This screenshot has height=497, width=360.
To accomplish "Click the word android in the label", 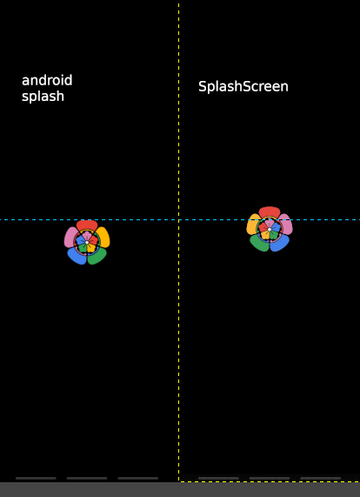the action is [47, 80].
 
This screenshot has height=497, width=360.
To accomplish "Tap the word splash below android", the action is [43, 97].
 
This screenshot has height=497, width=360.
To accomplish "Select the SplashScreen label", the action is [243, 86].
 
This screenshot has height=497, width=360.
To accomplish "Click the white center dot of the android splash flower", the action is [87, 243].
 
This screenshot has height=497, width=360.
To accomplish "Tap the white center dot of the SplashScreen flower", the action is [270, 230].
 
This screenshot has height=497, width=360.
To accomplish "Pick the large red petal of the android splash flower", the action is [87, 225].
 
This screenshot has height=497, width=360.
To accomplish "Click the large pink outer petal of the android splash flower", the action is [70, 238].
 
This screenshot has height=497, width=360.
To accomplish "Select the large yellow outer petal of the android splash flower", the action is [104, 238].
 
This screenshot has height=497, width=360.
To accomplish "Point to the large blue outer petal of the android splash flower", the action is [77, 256].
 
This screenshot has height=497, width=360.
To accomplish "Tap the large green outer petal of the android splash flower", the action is [97, 256].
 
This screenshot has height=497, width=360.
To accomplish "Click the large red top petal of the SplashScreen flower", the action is [270, 212].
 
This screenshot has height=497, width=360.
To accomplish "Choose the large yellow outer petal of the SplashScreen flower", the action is [253, 225].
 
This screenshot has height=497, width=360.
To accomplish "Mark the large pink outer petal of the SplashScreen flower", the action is [286, 225].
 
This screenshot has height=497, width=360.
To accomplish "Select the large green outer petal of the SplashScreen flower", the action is [259, 243].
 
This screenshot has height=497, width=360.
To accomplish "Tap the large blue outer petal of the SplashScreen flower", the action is [280, 243].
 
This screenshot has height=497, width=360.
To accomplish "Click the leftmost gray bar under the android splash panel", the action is [36, 479].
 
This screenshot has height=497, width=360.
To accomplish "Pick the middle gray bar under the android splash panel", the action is [87, 479].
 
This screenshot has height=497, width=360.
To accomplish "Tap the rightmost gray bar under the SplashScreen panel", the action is [320, 479].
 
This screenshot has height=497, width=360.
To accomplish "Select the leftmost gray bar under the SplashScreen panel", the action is [218, 479].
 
